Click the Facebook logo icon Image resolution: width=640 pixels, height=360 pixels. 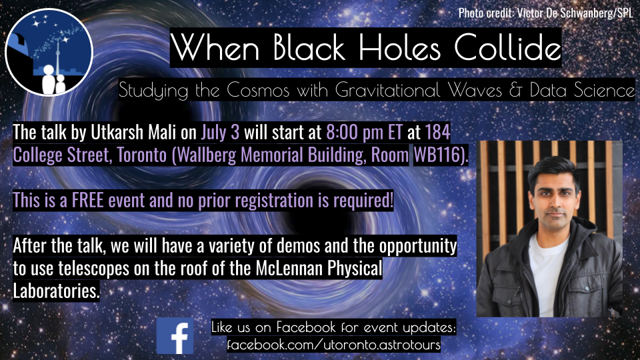(x=175, y=336)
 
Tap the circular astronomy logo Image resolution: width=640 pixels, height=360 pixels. (x=49, y=52)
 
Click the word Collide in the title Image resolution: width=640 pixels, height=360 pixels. (x=507, y=47)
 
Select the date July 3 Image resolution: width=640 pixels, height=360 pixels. (x=220, y=132)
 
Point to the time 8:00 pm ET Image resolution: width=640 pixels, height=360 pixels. (x=365, y=132)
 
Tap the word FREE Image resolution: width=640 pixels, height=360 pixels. (x=88, y=201)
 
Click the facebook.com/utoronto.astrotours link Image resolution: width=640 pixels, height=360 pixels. (x=334, y=345)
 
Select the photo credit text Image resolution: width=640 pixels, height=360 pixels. (x=546, y=13)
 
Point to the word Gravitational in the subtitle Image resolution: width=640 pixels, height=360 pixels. (x=388, y=90)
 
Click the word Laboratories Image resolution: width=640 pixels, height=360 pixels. (x=56, y=291)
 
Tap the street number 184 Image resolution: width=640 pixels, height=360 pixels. (x=437, y=132)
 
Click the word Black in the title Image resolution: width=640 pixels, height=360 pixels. (x=309, y=47)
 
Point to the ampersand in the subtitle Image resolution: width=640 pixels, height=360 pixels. (x=515, y=90)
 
